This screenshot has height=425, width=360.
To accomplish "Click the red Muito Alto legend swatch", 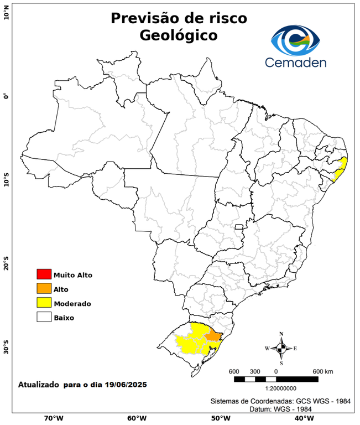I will click(x=44, y=274).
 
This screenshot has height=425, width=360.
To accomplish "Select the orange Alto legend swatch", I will click(x=44, y=288).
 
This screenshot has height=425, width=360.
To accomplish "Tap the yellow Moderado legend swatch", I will click(x=44, y=303).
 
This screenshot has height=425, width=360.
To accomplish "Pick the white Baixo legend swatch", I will click(x=44, y=318).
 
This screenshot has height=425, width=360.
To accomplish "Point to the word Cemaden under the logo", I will click(x=295, y=61).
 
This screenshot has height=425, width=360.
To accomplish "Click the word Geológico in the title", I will click(x=179, y=35).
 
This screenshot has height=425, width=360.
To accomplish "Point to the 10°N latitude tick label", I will click(x=6, y=12).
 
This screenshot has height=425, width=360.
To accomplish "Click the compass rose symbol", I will click(x=281, y=348).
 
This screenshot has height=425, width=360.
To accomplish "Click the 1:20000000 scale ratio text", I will click(x=276, y=389).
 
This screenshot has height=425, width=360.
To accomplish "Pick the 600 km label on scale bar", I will click(x=322, y=371).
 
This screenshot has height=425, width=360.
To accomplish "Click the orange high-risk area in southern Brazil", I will click(x=213, y=336).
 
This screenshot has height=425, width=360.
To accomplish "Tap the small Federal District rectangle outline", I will click(x=239, y=227).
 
